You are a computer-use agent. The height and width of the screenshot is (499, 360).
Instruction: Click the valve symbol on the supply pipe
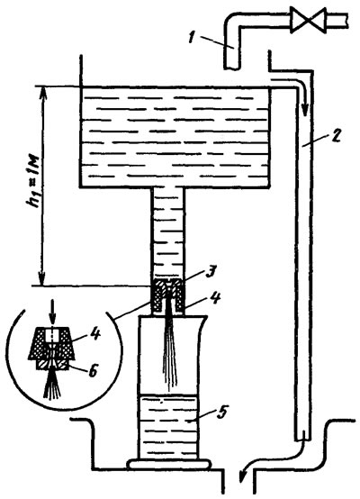pos(308,21)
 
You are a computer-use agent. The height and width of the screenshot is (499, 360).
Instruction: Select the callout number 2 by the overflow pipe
pos(336,135)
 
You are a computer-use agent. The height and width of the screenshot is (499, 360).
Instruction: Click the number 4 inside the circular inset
pos(95,335)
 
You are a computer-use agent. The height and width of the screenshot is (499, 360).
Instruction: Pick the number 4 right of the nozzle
pos(216,299)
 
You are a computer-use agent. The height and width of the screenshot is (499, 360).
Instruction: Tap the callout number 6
pos(92,371)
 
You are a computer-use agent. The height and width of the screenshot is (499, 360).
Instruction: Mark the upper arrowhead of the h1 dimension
pos(42,92)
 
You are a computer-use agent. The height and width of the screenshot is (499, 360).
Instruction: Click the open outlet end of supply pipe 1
pos(231,68)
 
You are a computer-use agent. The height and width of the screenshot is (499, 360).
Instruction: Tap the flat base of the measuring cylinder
pos(168,463)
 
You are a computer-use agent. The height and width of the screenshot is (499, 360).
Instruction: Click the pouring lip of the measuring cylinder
pos(203,319)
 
